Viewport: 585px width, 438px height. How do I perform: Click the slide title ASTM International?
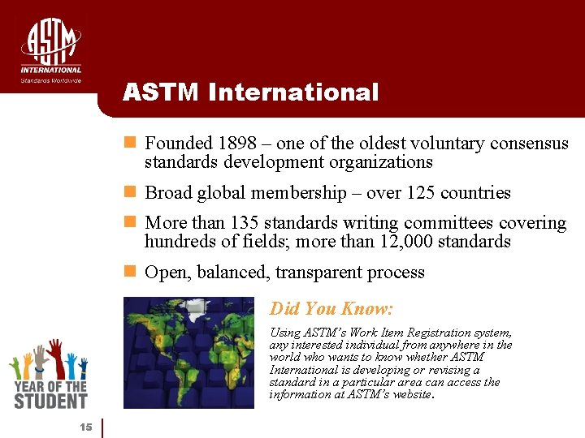pos(250,92)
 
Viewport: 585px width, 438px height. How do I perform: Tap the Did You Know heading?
pos(331,309)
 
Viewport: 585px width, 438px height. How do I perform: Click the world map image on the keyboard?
pos(195,352)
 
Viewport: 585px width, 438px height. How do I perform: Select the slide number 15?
pos(85,427)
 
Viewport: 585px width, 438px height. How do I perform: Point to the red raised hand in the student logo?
pos(55,356)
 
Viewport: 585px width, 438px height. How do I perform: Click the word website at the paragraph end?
pos(410,396)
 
